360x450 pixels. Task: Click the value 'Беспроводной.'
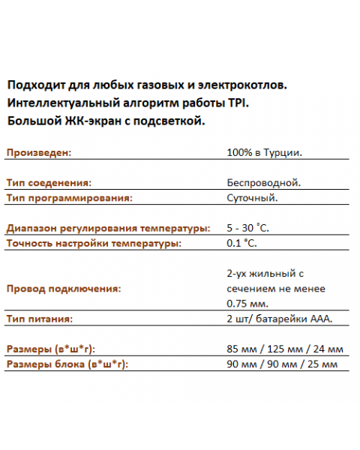tap(263, 183)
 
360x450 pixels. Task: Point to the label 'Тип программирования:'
tap(69, 198)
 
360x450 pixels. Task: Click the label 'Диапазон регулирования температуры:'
tap(105, 229)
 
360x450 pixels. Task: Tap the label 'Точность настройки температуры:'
tap(94, 244)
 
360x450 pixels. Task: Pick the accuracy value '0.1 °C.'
tap(241, 244)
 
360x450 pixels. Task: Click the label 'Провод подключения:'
tap(63, 289)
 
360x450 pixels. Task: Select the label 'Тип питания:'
tap(39, 319)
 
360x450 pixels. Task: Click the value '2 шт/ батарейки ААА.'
tap(279, 319)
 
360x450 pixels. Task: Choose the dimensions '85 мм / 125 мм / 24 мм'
tap(284, 349)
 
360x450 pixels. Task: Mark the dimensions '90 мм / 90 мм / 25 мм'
tap(281, 364)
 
